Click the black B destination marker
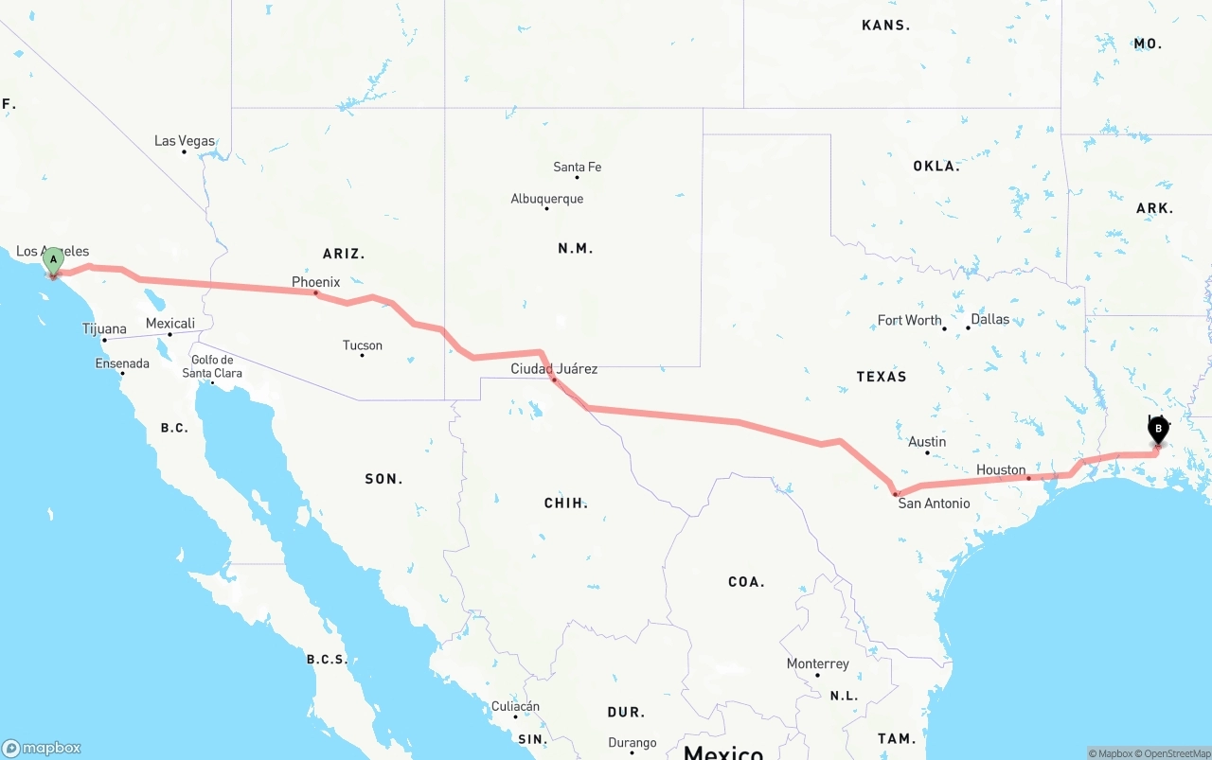pos(1158,430)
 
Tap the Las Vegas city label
pos(185,141)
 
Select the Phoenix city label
pos(315,282)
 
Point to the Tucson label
pos(363,345)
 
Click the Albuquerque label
pos(546,199)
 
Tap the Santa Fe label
pos(577,168)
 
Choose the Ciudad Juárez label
pos(554,368)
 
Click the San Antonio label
pos(934,504)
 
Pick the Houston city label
pos(1001,469)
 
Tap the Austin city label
pos(927,442)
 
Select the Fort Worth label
pos(909,320)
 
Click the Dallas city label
pos(989,319)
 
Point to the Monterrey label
pos(817,663)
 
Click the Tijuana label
pos(104,329)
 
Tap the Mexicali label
pos(170,324)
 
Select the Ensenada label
pos(122,363)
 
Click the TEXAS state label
pos(882,377)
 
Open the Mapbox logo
pos(42,748)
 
